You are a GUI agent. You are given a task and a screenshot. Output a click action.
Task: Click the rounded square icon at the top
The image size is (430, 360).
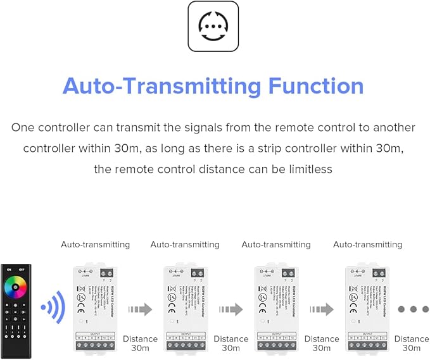213,26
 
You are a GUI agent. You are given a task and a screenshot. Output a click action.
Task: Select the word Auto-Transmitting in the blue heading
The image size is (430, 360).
162,85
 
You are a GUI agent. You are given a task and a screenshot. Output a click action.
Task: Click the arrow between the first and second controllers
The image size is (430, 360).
140,309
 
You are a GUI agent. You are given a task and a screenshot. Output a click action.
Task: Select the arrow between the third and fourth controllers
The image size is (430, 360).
321,309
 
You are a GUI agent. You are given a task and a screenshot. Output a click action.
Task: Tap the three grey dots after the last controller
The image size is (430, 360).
413,309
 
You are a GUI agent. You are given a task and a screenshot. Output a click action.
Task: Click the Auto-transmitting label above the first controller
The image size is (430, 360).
95,244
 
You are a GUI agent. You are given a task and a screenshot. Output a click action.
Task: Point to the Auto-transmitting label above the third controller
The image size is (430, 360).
276,244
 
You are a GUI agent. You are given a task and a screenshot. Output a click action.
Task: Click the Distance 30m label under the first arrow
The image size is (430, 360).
140,344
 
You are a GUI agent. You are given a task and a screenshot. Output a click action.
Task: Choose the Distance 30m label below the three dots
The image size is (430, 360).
412,344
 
